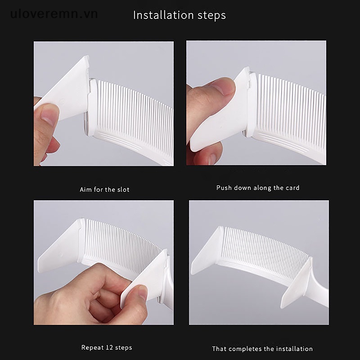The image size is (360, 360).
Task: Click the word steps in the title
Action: pos(208,16)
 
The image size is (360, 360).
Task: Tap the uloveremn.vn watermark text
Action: pos(54,14)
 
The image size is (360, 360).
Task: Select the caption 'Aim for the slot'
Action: pos(104,189)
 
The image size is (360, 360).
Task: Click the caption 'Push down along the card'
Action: pos(258,188)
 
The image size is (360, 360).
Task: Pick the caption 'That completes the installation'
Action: pos(262,349)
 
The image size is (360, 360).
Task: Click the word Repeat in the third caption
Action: pos(93,347)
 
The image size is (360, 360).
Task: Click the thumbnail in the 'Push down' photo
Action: pos(223,86)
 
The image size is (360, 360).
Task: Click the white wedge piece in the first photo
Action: pos(67,90)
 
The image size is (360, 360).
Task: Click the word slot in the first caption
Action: pos(123,189)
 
